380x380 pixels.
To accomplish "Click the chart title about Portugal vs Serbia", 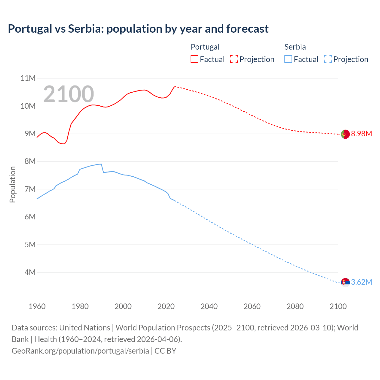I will [x=138, y=29].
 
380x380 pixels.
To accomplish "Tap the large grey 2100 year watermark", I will [x=69, y=94].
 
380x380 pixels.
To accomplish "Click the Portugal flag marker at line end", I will [x=345, y=134].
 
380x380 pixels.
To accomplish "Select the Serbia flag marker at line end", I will [x=345, y=282].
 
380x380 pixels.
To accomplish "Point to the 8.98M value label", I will [x=361, y=134].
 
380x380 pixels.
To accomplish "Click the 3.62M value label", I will [x=361, y=282].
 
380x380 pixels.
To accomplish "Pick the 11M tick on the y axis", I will [x=28, y=78].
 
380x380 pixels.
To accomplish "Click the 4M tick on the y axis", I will [x=30, y=272].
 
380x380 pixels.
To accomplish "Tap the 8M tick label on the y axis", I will [x=30, y=161].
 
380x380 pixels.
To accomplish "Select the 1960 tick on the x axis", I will [x=37, y=306].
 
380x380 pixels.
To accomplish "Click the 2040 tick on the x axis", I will [x=209, y=306].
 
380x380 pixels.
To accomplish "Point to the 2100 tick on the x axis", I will [x=338, y=306].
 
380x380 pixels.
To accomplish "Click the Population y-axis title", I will [x=12, y=184].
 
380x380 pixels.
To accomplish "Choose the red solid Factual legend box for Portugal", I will [x=194, y=59].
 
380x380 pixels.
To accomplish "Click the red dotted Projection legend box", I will [x=234, y=59].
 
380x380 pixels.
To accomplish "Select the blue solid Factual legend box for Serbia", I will [x=288, y=59].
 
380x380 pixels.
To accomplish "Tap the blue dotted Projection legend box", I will [x=328, y=59].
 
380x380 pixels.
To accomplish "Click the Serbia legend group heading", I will [x=295, y=47].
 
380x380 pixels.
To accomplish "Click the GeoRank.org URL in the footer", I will [x=80, y=351].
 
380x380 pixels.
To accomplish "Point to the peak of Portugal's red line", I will [x=175, y=86].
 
